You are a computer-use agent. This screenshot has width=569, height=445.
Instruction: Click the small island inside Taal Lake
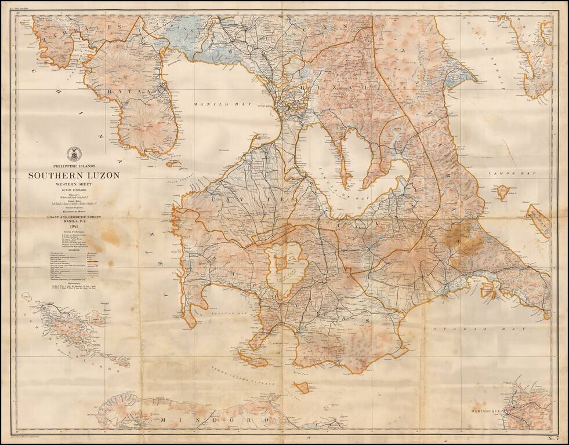point(281,264)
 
